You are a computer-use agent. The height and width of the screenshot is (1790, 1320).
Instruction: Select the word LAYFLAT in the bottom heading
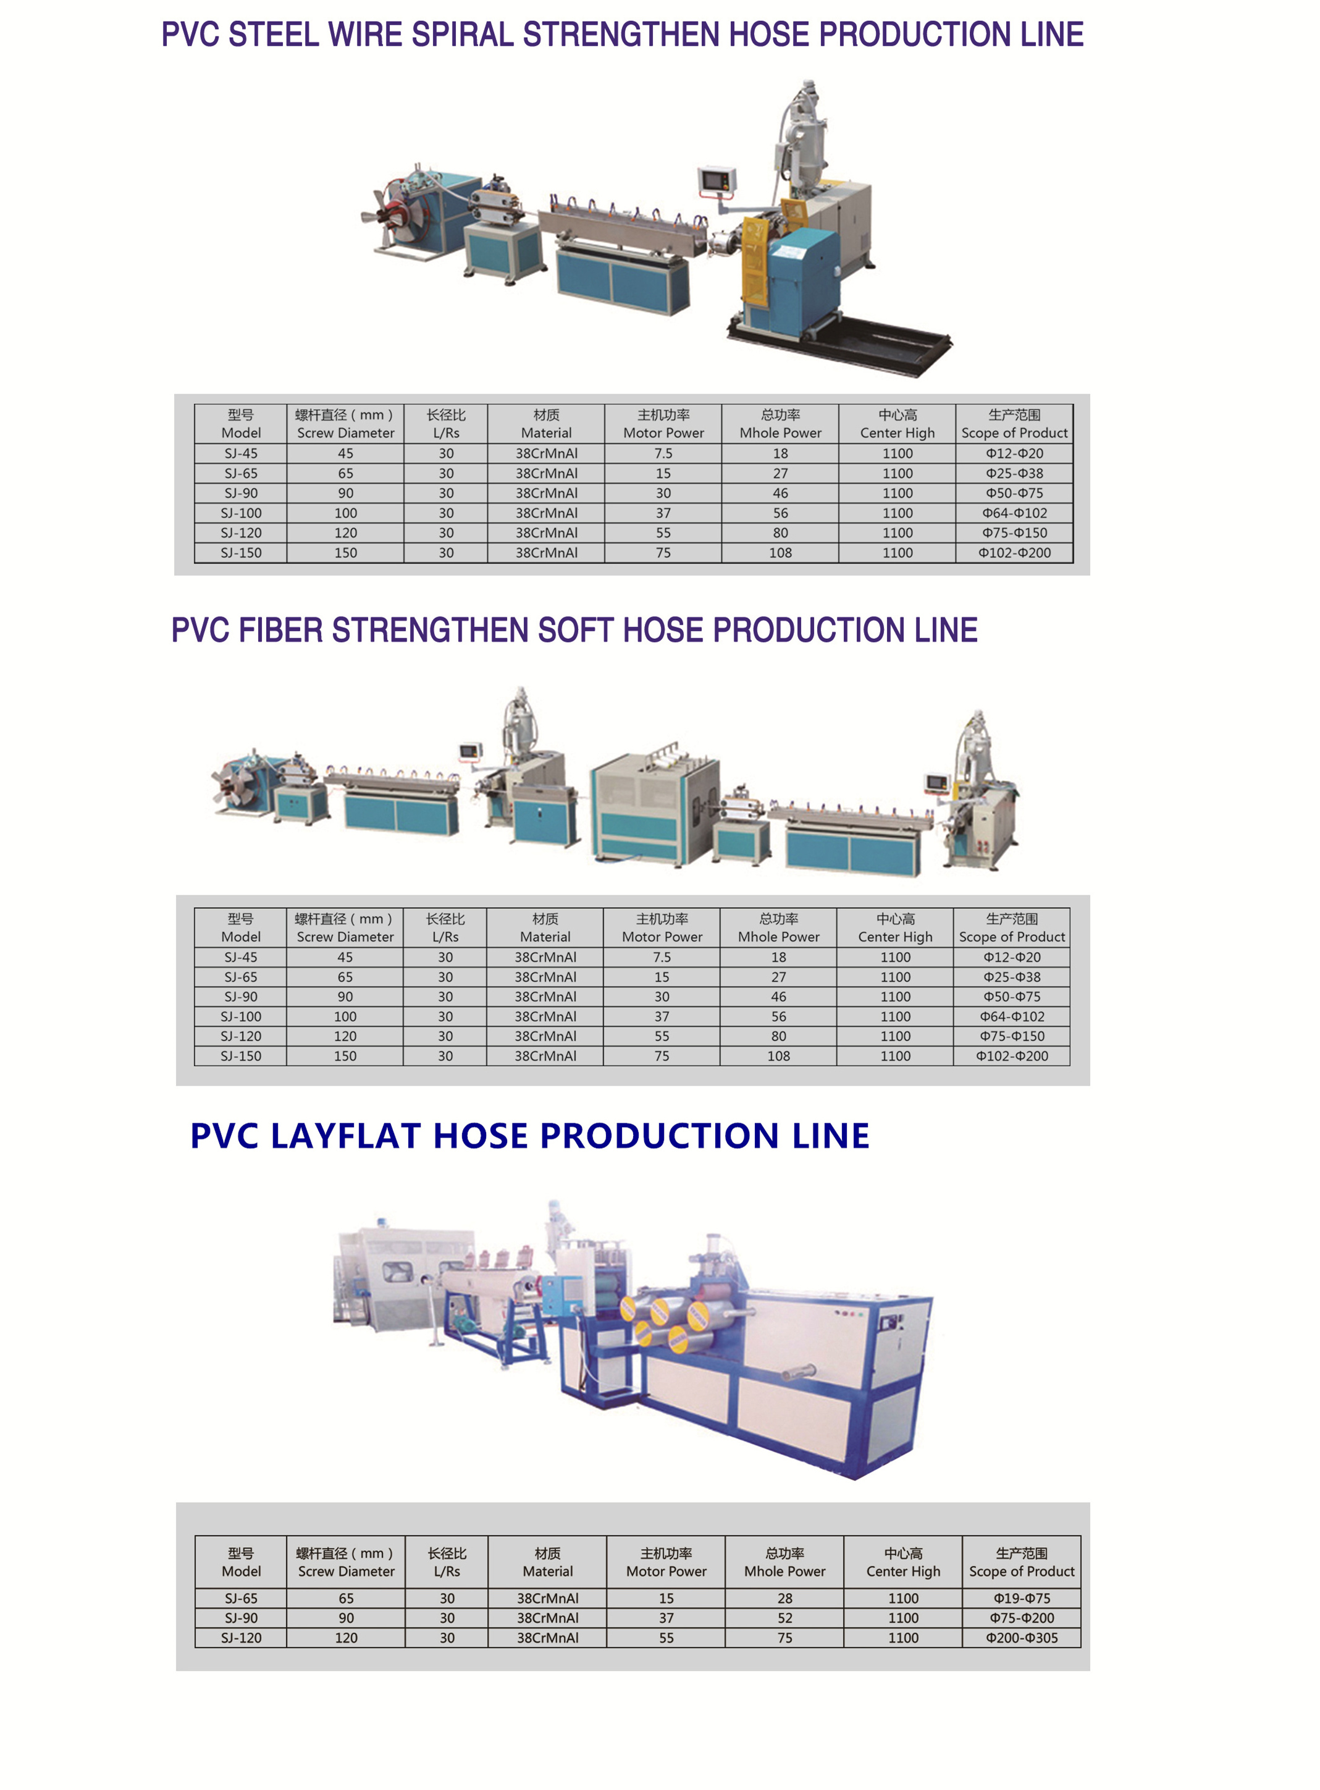(x=345, y=1136)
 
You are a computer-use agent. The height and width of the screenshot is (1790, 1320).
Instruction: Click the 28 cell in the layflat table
(x=784, y=1598)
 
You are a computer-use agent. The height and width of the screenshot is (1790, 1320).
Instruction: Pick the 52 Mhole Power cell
(x=784, y=1618)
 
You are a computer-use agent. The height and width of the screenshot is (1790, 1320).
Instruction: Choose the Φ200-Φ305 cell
(x=1021, y=1638)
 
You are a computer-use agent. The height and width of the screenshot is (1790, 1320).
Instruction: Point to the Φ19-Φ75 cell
(x=1021, y=1598)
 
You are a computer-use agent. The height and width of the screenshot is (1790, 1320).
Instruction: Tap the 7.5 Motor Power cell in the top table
(x=663, y=453)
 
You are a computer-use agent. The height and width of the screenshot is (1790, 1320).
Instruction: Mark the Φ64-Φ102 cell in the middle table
(x=1012, y=1016)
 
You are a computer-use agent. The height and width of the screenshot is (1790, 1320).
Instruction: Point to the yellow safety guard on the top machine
(x=755, y=256)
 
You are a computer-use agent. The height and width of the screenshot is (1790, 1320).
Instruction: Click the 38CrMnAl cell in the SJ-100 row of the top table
(x=546, y=513)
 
